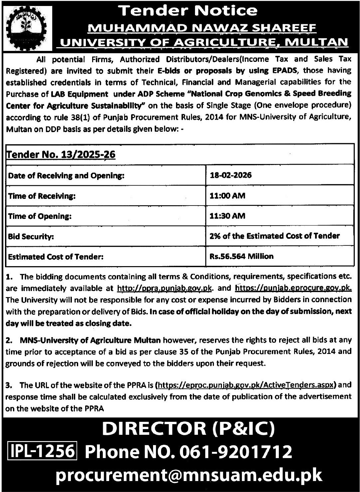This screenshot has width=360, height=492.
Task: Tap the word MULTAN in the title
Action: coord(317,42)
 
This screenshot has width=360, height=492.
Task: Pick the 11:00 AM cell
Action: coord(227,196)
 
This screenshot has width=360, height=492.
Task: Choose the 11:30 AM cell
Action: coord(227,216)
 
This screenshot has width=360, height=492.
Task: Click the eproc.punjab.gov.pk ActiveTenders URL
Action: coord(246,386)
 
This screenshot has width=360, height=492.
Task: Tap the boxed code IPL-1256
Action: coord(42,451)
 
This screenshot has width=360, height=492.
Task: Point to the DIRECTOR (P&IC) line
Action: coord(188,429)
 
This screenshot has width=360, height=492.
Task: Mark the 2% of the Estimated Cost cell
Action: coord(275,236)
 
